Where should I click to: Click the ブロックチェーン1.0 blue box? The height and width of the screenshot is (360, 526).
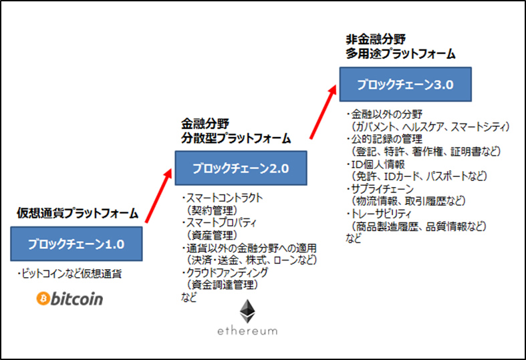(76, 244)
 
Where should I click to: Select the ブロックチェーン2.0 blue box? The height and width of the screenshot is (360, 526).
(241, 168)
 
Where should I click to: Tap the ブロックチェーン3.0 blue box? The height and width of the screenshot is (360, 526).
(405, 85)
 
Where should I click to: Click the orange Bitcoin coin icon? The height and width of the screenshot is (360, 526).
(44, 298)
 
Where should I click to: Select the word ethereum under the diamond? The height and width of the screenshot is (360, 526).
(247, 331)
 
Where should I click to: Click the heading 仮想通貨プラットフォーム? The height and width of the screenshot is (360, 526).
(78, 214)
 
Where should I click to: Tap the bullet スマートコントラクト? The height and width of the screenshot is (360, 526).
(223, 198)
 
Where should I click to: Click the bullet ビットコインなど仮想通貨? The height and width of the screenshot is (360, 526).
(70, 274)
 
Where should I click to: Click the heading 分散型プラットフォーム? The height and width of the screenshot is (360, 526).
(237, 139)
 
